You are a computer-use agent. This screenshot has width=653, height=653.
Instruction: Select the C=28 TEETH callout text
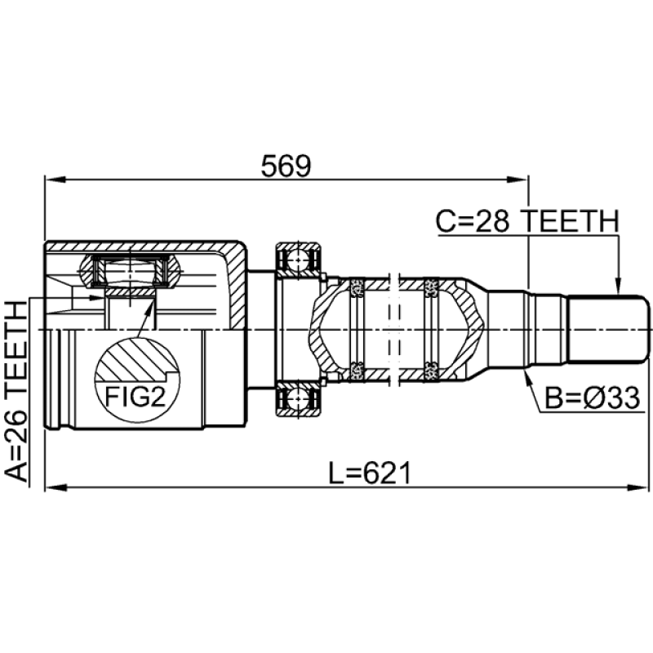pyautogui.click(x=526, y=220)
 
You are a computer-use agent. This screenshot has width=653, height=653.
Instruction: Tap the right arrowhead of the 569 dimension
pyautogui.click(x=522, y=179)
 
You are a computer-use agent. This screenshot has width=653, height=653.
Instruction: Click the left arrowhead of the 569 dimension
pyautogui.click(x=51, y=179)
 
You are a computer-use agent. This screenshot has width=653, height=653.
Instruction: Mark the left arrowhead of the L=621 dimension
pyautogui.click(x=51, y=488)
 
